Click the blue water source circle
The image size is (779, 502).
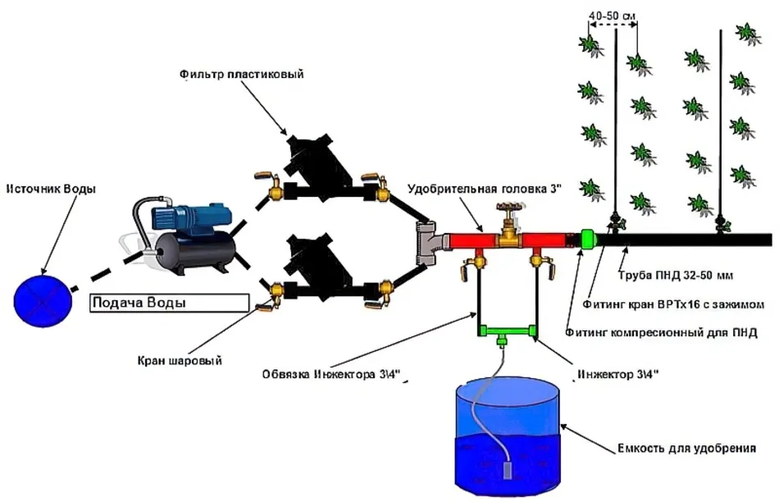[40, 295]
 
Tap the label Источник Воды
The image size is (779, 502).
[51, 189]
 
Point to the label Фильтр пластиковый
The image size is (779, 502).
[241, 75]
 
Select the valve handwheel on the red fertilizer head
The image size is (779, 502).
[509, 212]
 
